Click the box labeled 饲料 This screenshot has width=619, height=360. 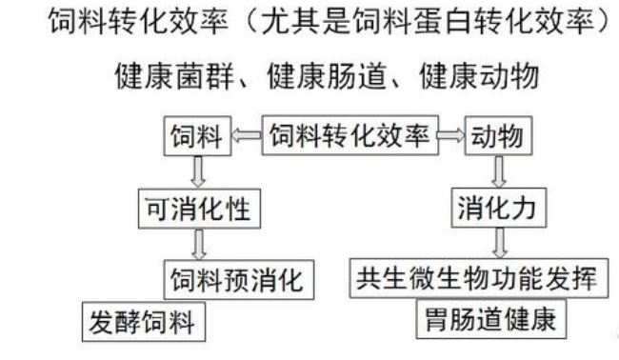[197, 139]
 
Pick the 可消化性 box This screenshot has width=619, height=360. [199, 208]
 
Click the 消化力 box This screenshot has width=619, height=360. [497, 208]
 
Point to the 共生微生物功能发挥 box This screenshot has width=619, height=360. [477, 279]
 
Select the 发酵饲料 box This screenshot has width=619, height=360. [142, 321]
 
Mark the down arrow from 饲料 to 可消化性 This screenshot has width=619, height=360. [199, 172]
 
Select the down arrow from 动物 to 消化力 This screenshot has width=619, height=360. [497, 172]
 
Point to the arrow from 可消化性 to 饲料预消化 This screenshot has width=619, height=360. [199, 244]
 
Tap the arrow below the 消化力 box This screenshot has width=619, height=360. [497, 243]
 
